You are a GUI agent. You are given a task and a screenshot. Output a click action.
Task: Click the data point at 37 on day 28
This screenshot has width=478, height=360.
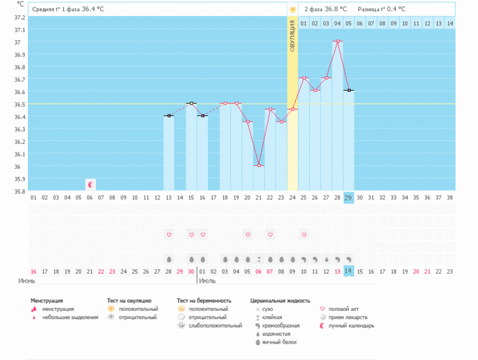pos(338,42)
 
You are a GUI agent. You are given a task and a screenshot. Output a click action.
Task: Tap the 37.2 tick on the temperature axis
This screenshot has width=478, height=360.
pos(20,17)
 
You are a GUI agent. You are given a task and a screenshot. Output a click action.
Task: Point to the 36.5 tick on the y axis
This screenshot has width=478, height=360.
pos(20,104)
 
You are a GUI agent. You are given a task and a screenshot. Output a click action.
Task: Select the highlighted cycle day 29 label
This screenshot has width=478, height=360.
pos(349,197)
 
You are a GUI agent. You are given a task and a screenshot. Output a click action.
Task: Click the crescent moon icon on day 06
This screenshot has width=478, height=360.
pos(91,184)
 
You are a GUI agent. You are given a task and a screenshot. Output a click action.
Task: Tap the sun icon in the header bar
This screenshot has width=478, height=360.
pos(292,9)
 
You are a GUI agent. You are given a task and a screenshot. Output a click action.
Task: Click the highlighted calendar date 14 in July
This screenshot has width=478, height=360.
pos(349,271)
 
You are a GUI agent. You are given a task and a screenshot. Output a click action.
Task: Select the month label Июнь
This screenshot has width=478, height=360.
pos(26,281)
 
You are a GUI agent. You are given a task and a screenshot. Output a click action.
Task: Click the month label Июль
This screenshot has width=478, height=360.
pos(208,281)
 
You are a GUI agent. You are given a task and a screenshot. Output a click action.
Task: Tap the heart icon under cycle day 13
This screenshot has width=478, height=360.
pos(169,234)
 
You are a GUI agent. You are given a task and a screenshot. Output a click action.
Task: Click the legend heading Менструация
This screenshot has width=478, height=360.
pos(47,300)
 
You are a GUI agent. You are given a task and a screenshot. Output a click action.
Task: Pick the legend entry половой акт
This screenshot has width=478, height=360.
pos(343,308)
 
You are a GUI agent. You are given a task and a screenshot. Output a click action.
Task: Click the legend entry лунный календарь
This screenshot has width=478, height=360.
pos(351,325)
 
